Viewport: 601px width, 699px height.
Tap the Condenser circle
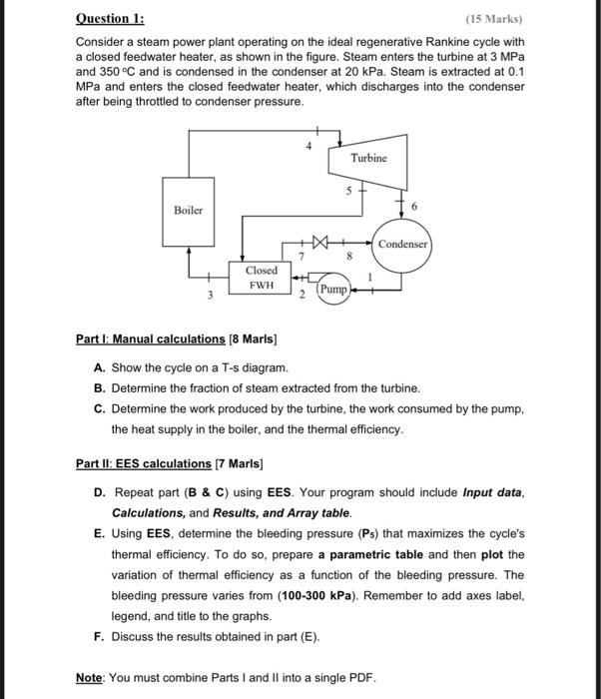click(402, 244)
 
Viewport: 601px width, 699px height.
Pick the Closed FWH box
click(261, 277)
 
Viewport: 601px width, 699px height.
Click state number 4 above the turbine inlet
click(308, 147)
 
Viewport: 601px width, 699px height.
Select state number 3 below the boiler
click(210, 295)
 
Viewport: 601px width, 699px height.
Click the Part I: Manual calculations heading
click(151, 340)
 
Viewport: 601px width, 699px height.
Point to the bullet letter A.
click(100, 367)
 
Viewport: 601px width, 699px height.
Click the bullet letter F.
click(100, 636)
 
